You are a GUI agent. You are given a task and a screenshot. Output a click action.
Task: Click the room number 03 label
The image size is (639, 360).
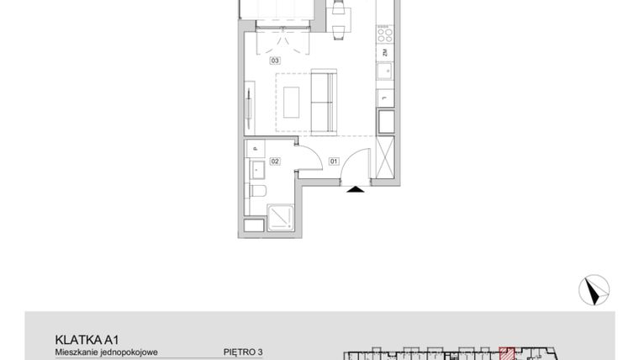click(275, 61)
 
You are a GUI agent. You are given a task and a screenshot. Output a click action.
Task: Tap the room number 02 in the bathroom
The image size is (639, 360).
click(274, 160)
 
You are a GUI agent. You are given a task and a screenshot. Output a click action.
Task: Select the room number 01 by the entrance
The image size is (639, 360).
click(333, 160)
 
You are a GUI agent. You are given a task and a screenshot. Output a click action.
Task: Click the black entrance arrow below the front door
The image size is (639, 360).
click(356, 189)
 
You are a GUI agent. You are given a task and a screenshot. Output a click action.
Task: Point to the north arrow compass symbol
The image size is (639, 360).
click(594, 289)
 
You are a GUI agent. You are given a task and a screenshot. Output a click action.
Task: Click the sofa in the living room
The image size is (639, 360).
click(324, 103)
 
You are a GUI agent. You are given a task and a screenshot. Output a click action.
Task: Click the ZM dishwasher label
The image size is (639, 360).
click(384, 53)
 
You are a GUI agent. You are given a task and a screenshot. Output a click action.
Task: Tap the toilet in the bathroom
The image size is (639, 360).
click(256, 192)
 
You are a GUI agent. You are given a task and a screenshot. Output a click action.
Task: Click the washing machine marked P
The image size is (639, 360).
click(255, 149)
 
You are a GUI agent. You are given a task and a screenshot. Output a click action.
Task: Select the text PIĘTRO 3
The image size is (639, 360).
click(243, 352)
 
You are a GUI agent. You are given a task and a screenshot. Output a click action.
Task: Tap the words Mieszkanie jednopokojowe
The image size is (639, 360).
click(107, 352)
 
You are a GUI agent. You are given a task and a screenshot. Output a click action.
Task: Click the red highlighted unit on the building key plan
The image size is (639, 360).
click(506, 354)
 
